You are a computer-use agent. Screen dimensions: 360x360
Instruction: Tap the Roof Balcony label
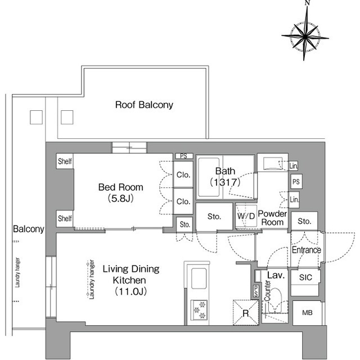point(144,105)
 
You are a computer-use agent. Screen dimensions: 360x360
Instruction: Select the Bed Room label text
point(121,187)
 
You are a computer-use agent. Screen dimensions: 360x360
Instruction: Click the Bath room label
point(225,171)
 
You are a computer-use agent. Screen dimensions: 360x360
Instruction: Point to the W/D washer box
point(246,216)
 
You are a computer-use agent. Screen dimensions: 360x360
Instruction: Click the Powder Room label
point(272,218)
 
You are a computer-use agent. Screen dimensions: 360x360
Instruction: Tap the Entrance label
point(306,250)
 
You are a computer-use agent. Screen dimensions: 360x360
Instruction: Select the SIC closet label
point(305,277)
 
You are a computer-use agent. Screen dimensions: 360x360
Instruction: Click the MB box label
point(307,313)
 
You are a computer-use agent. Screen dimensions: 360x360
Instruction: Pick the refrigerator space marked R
point(246,313)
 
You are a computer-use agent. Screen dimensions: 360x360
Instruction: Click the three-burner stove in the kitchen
point(199,310)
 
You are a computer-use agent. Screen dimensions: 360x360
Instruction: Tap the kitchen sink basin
point(199,278)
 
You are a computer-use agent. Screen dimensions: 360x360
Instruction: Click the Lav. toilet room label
point(276,275)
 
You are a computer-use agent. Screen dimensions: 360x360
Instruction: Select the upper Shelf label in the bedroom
point(65,161)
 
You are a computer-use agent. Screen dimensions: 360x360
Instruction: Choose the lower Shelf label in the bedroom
point(65,218)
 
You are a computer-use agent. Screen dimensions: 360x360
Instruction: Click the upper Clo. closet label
point(183,175)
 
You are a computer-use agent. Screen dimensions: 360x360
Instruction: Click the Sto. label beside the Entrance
point(304,221)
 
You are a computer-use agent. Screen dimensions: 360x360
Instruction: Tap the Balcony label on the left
point(29,229)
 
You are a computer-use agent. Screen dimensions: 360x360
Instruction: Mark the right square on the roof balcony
point(67,118)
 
